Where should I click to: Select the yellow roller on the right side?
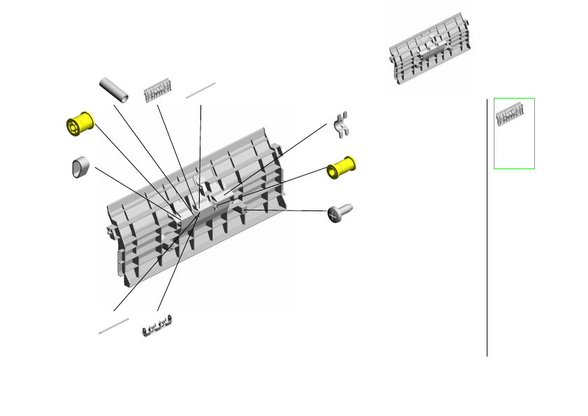[341, 168]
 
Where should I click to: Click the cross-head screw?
[339, 213]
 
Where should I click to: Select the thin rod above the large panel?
[201, 91]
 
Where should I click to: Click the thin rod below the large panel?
[114, 325]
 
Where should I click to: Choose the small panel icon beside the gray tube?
[157, 92]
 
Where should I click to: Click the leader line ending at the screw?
[286, 210]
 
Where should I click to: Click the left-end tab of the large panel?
[110, 230]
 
